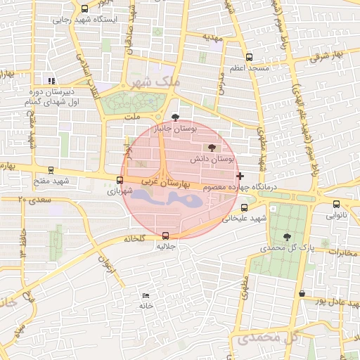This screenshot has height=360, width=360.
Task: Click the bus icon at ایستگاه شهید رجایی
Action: pos(85,9)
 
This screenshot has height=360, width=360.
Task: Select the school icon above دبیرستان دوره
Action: pos(50,80)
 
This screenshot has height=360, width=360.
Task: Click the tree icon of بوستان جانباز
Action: pos(175,118)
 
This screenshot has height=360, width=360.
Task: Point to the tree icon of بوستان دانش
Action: pos(212,148)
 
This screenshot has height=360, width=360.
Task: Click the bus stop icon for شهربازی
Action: pos(119,180)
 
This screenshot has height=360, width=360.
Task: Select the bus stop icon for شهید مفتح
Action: pos(51,169)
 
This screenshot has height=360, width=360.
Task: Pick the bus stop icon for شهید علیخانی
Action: pos(244,207)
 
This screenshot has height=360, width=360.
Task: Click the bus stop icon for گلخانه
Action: pos(165,236)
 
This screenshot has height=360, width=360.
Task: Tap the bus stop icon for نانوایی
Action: pos(336,205)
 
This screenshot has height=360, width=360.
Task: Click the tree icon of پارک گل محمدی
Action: pos(286,237)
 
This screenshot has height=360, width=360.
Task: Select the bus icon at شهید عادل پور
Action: pos(302,293)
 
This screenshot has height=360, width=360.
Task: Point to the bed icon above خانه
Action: pos(146,295)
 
